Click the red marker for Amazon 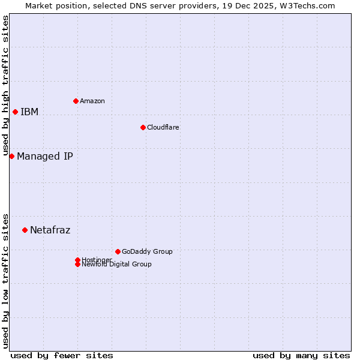pos(76,101)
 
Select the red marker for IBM pos(15,112)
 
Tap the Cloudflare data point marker pos(143,127)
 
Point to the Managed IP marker pos(11,156)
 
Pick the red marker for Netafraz pos(25,230)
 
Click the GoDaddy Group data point pos(118,251)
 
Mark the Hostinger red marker pos(77,260)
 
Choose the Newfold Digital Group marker pos(77,265)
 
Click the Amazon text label pos(92,101)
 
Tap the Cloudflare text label pos(163,127)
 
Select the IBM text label pos(29,112)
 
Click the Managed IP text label pos(45,157)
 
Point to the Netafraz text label pos(50,230)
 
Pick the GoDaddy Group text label pos(147,251)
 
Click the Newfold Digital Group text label pos(116,265)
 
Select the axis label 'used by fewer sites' pos(62,355)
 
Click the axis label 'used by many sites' pos(301,355)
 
